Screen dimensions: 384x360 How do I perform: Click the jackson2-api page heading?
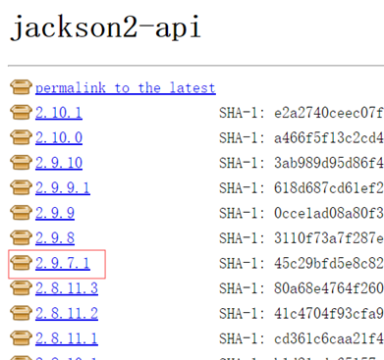[x=106, y=28]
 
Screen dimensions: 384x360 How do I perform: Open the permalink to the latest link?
[x=125, y=87]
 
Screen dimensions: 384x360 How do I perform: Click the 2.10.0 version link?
[x=59, y=137]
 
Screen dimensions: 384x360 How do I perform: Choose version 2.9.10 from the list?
[x=59, y=162]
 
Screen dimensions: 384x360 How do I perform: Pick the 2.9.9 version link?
[x=55, y=212]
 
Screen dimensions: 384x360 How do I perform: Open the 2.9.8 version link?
[x=55, y=237]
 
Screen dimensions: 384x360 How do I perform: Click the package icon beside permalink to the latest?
[x=21, y=87]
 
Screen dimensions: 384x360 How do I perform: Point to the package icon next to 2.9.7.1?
[x=21, y=262]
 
